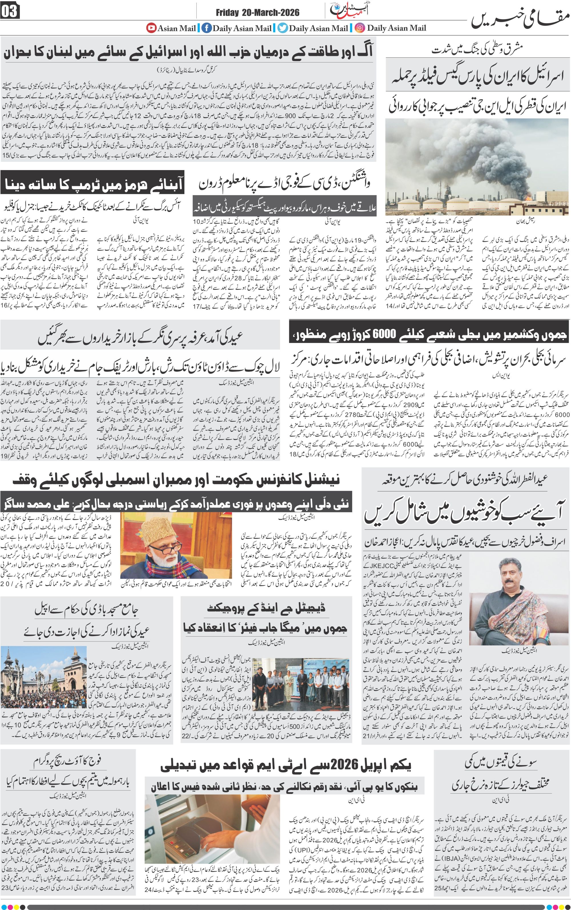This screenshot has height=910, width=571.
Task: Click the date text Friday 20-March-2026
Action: pyautogui.click(x=258, y=13)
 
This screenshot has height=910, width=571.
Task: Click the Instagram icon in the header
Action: pyautogui.click(x=360, y=28)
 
